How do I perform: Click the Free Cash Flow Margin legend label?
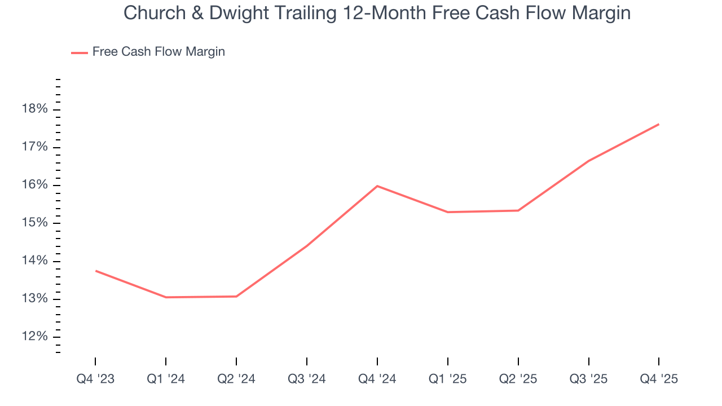click(x=159, y=52)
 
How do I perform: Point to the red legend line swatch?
click(x=80, y=52)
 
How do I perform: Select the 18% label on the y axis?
click(x=35, y=109)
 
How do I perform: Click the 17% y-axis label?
click(x=35, y=148)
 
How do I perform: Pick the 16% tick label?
click(x=35, y=186)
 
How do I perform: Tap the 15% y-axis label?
click(x=35, y=223)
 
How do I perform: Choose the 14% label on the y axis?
click(x=35, y=261)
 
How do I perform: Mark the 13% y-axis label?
click(x=35, y=299)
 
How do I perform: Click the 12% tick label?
click(x=35, y=337)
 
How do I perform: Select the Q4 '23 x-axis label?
click(x=95, y=379)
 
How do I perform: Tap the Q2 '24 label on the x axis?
click(x=236, y=379)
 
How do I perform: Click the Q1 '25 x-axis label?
click(x=448, y=379)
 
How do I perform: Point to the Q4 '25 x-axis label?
click(x=659, y=379)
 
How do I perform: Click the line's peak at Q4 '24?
click(x=377, y=186)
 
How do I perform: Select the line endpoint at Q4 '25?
click(x=659, y=124)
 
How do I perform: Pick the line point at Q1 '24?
click(x=166, y=297)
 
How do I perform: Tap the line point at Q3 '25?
click(x=589, y=161)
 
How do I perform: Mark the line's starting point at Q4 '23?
click(x=95, y=271)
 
